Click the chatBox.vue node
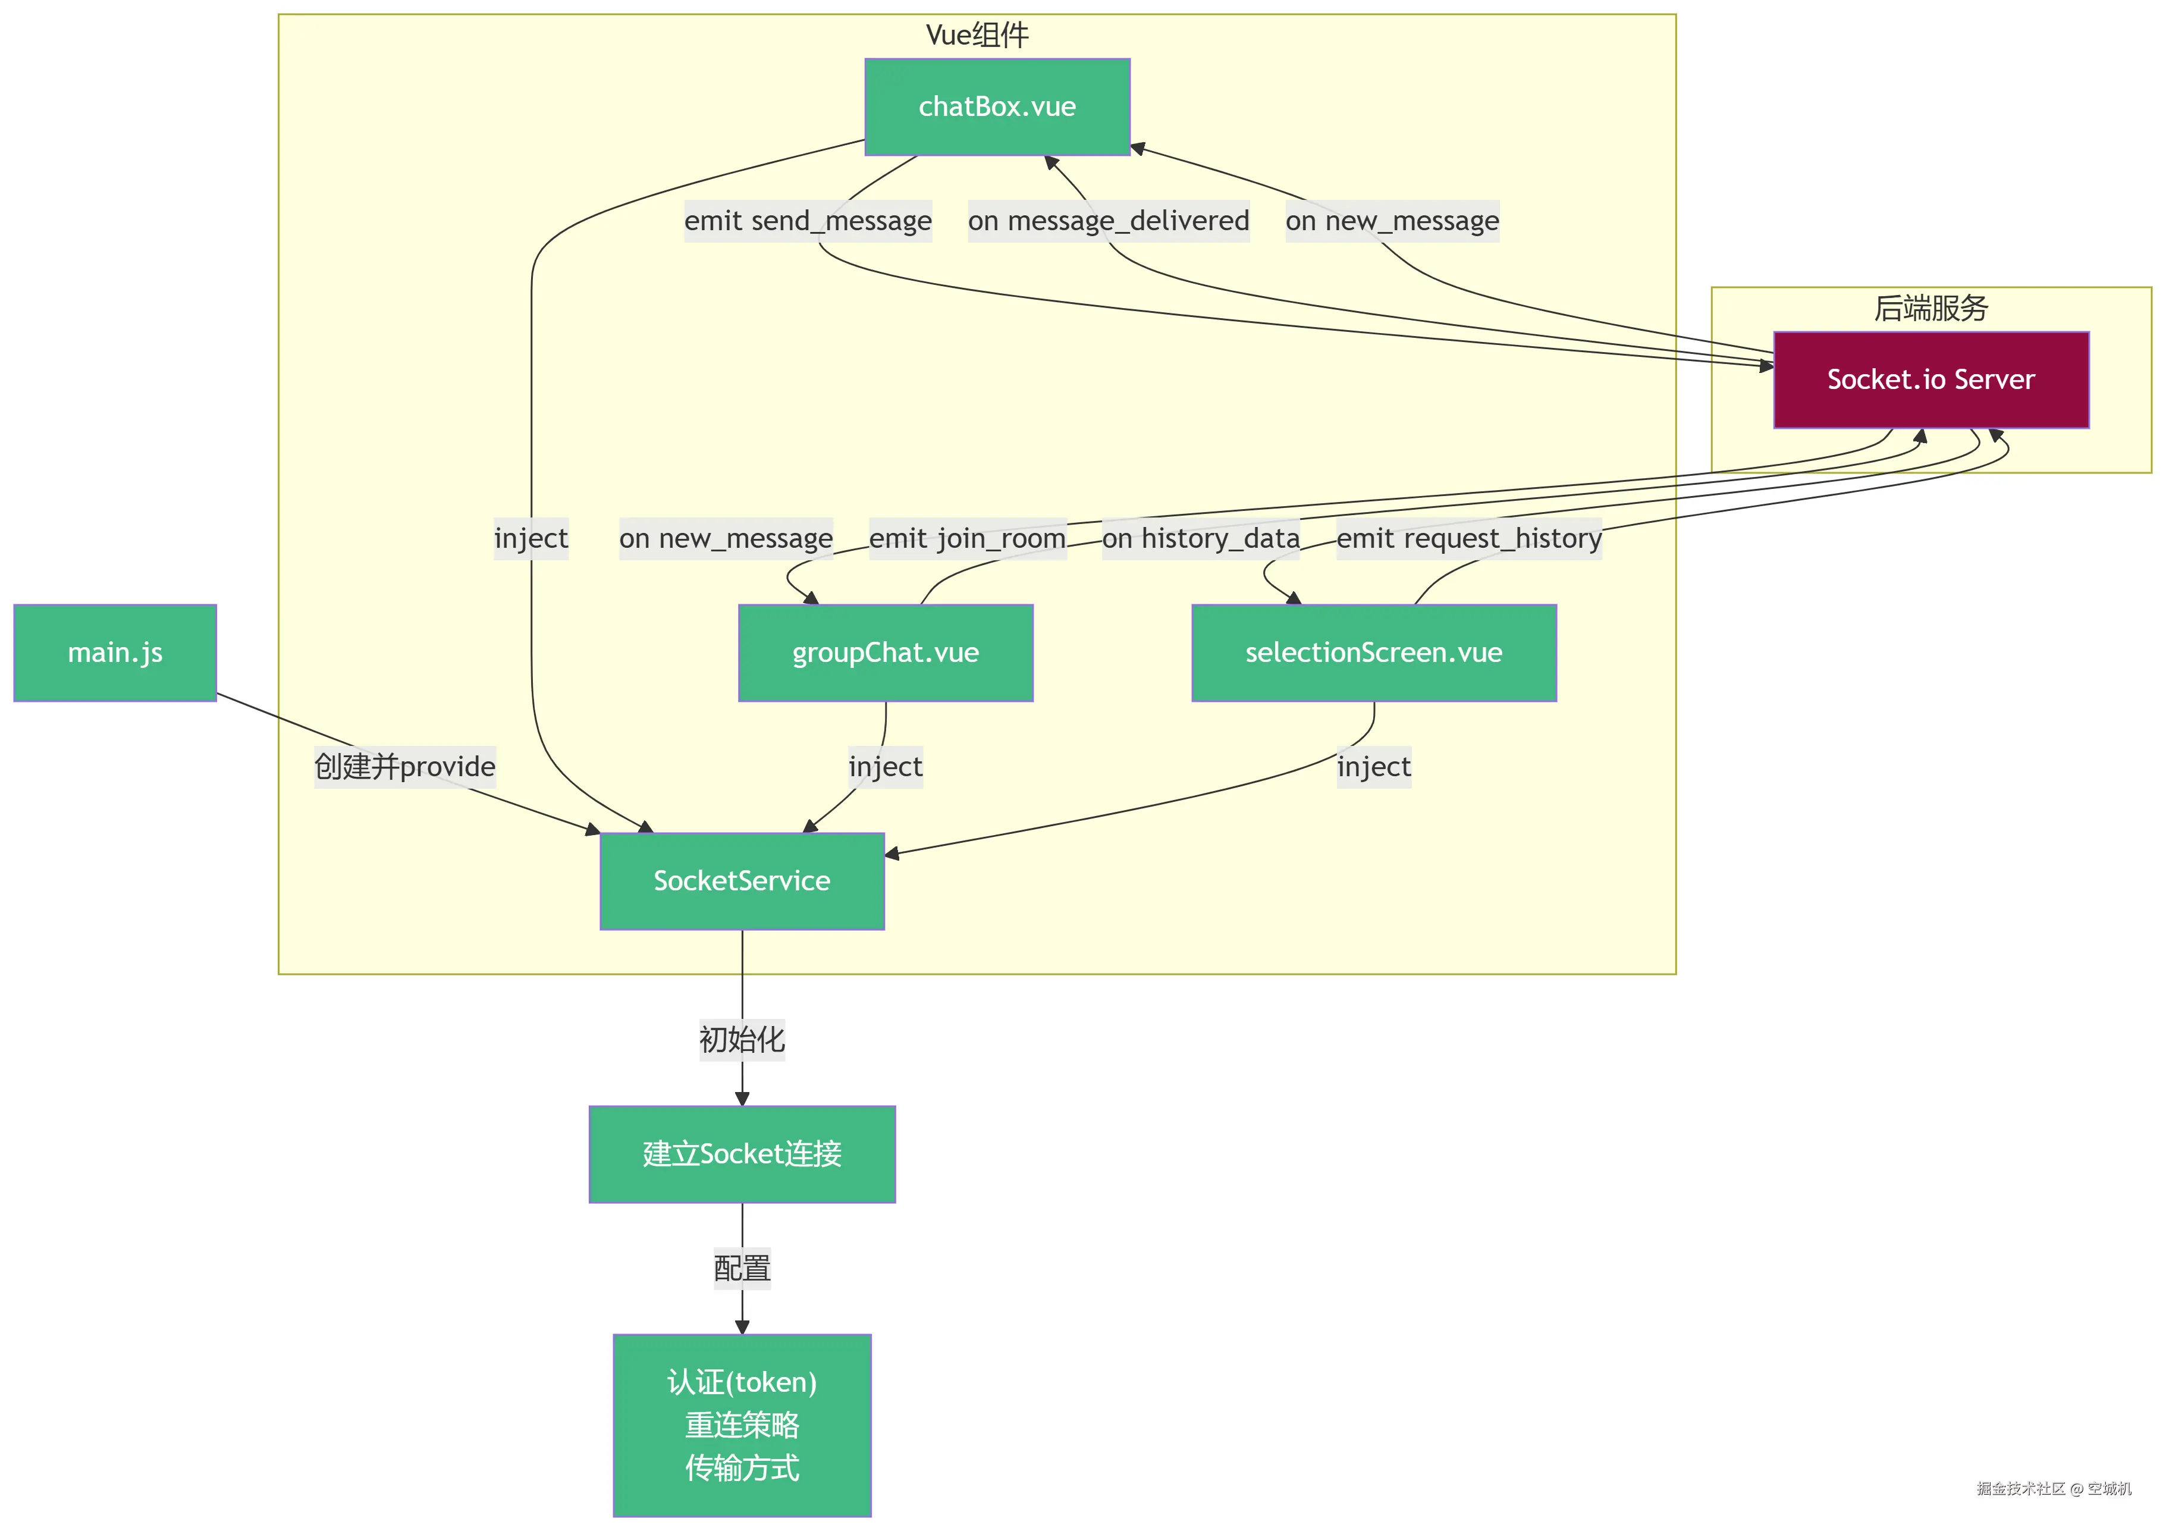coord(997,106)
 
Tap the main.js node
coord(115,652)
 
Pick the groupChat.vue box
coord(885,652)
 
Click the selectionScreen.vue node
coord(1374,652)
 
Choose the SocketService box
coord(742,881)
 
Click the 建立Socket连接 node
coord(742,1154)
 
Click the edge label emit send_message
coord(808,221)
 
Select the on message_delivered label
coord(1109,221)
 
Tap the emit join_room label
coord(967,539)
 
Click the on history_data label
coord(1200,539)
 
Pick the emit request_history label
coord(1469,539)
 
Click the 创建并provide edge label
coord(404,766)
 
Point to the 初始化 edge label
coord(742,1040)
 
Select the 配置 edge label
coord(742,1269)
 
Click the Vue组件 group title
coord(977,35)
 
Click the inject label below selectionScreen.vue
coord(1374,766)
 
